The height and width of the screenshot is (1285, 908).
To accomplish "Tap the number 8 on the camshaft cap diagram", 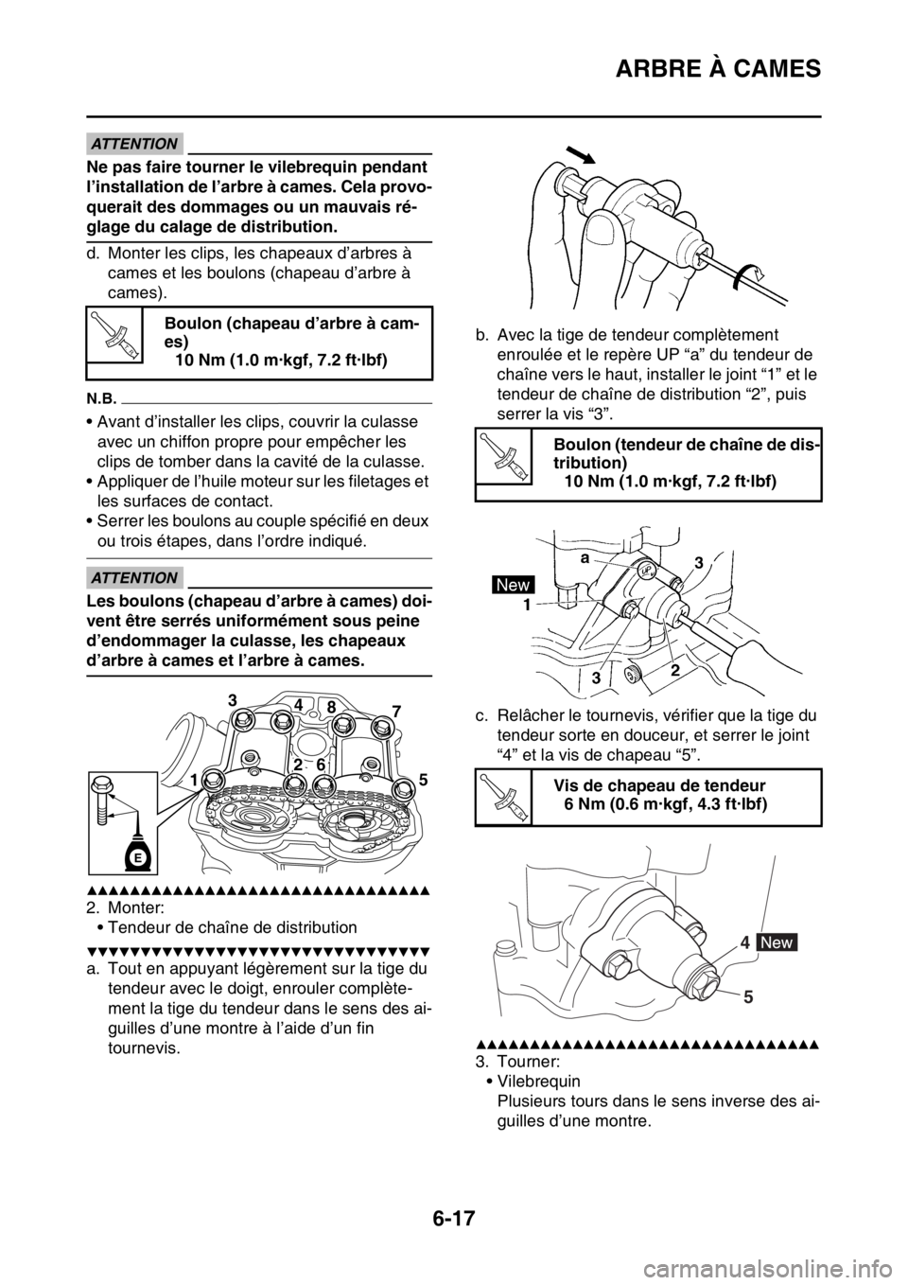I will coord(330,706).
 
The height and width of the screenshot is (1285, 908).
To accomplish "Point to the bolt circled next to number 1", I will coord(212,779).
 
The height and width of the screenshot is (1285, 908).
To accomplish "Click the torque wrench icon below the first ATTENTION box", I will coord(113,334).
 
